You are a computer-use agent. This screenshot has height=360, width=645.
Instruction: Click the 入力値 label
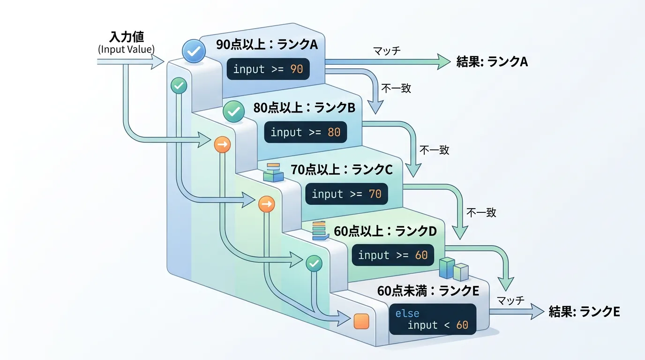(127, 37)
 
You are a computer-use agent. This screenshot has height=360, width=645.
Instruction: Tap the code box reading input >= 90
(268, 69)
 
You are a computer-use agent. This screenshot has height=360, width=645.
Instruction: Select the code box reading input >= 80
(305, 132)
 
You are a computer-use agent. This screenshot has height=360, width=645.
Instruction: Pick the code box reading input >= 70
(346, 194)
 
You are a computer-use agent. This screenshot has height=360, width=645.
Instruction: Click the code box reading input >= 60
(393, 255)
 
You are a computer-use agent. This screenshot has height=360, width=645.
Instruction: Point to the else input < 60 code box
(432, 319)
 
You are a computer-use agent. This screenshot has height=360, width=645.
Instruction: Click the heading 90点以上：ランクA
(267, 45)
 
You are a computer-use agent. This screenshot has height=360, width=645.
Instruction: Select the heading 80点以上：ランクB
(304, 108)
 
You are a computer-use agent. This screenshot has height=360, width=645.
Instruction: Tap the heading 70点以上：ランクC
(341, 169)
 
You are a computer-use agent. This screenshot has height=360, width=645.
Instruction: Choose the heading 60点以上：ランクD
(385, 231)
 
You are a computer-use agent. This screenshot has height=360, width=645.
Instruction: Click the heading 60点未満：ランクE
(428, 291)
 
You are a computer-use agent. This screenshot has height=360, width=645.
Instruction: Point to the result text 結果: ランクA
(492, 61)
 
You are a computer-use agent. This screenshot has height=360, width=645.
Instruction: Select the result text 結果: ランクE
(585, 312)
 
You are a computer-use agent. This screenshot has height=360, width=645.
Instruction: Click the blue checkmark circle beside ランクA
(193, 51)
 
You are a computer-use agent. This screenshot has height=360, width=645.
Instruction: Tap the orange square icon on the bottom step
(361, 322)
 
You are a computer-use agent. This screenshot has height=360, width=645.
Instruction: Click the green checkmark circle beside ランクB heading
(233, 111)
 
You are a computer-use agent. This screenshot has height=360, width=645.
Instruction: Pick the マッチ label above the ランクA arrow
(387, 51)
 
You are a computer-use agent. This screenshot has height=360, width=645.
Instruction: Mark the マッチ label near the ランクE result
(510, 300)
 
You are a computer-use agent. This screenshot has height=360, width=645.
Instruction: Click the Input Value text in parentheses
(127, 49)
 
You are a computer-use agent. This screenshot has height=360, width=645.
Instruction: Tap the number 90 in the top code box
(297, 69)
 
